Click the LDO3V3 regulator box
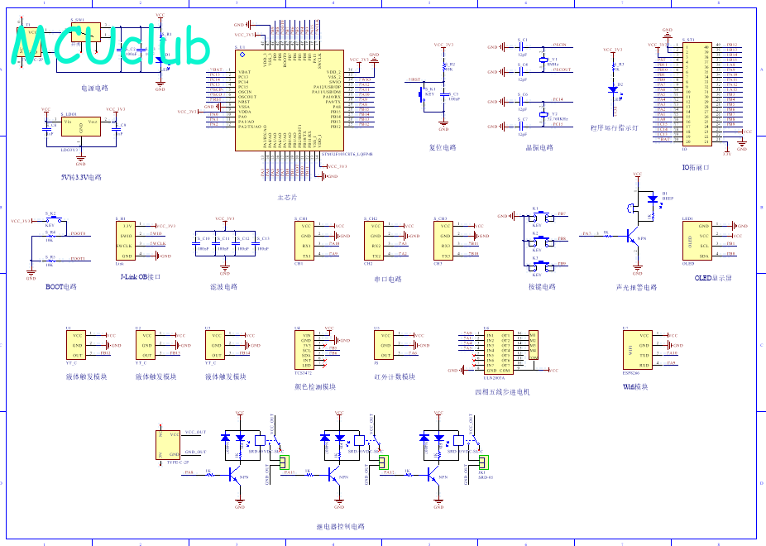(x=80, y=126)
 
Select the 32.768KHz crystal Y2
(x=543, y=114)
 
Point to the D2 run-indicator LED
(x=613, y=87)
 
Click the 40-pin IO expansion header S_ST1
(x=697, y=93)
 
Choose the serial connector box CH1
(x=305, y=241)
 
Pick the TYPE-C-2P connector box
(x=169, y=445)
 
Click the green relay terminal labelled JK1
(x=485, y=462)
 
